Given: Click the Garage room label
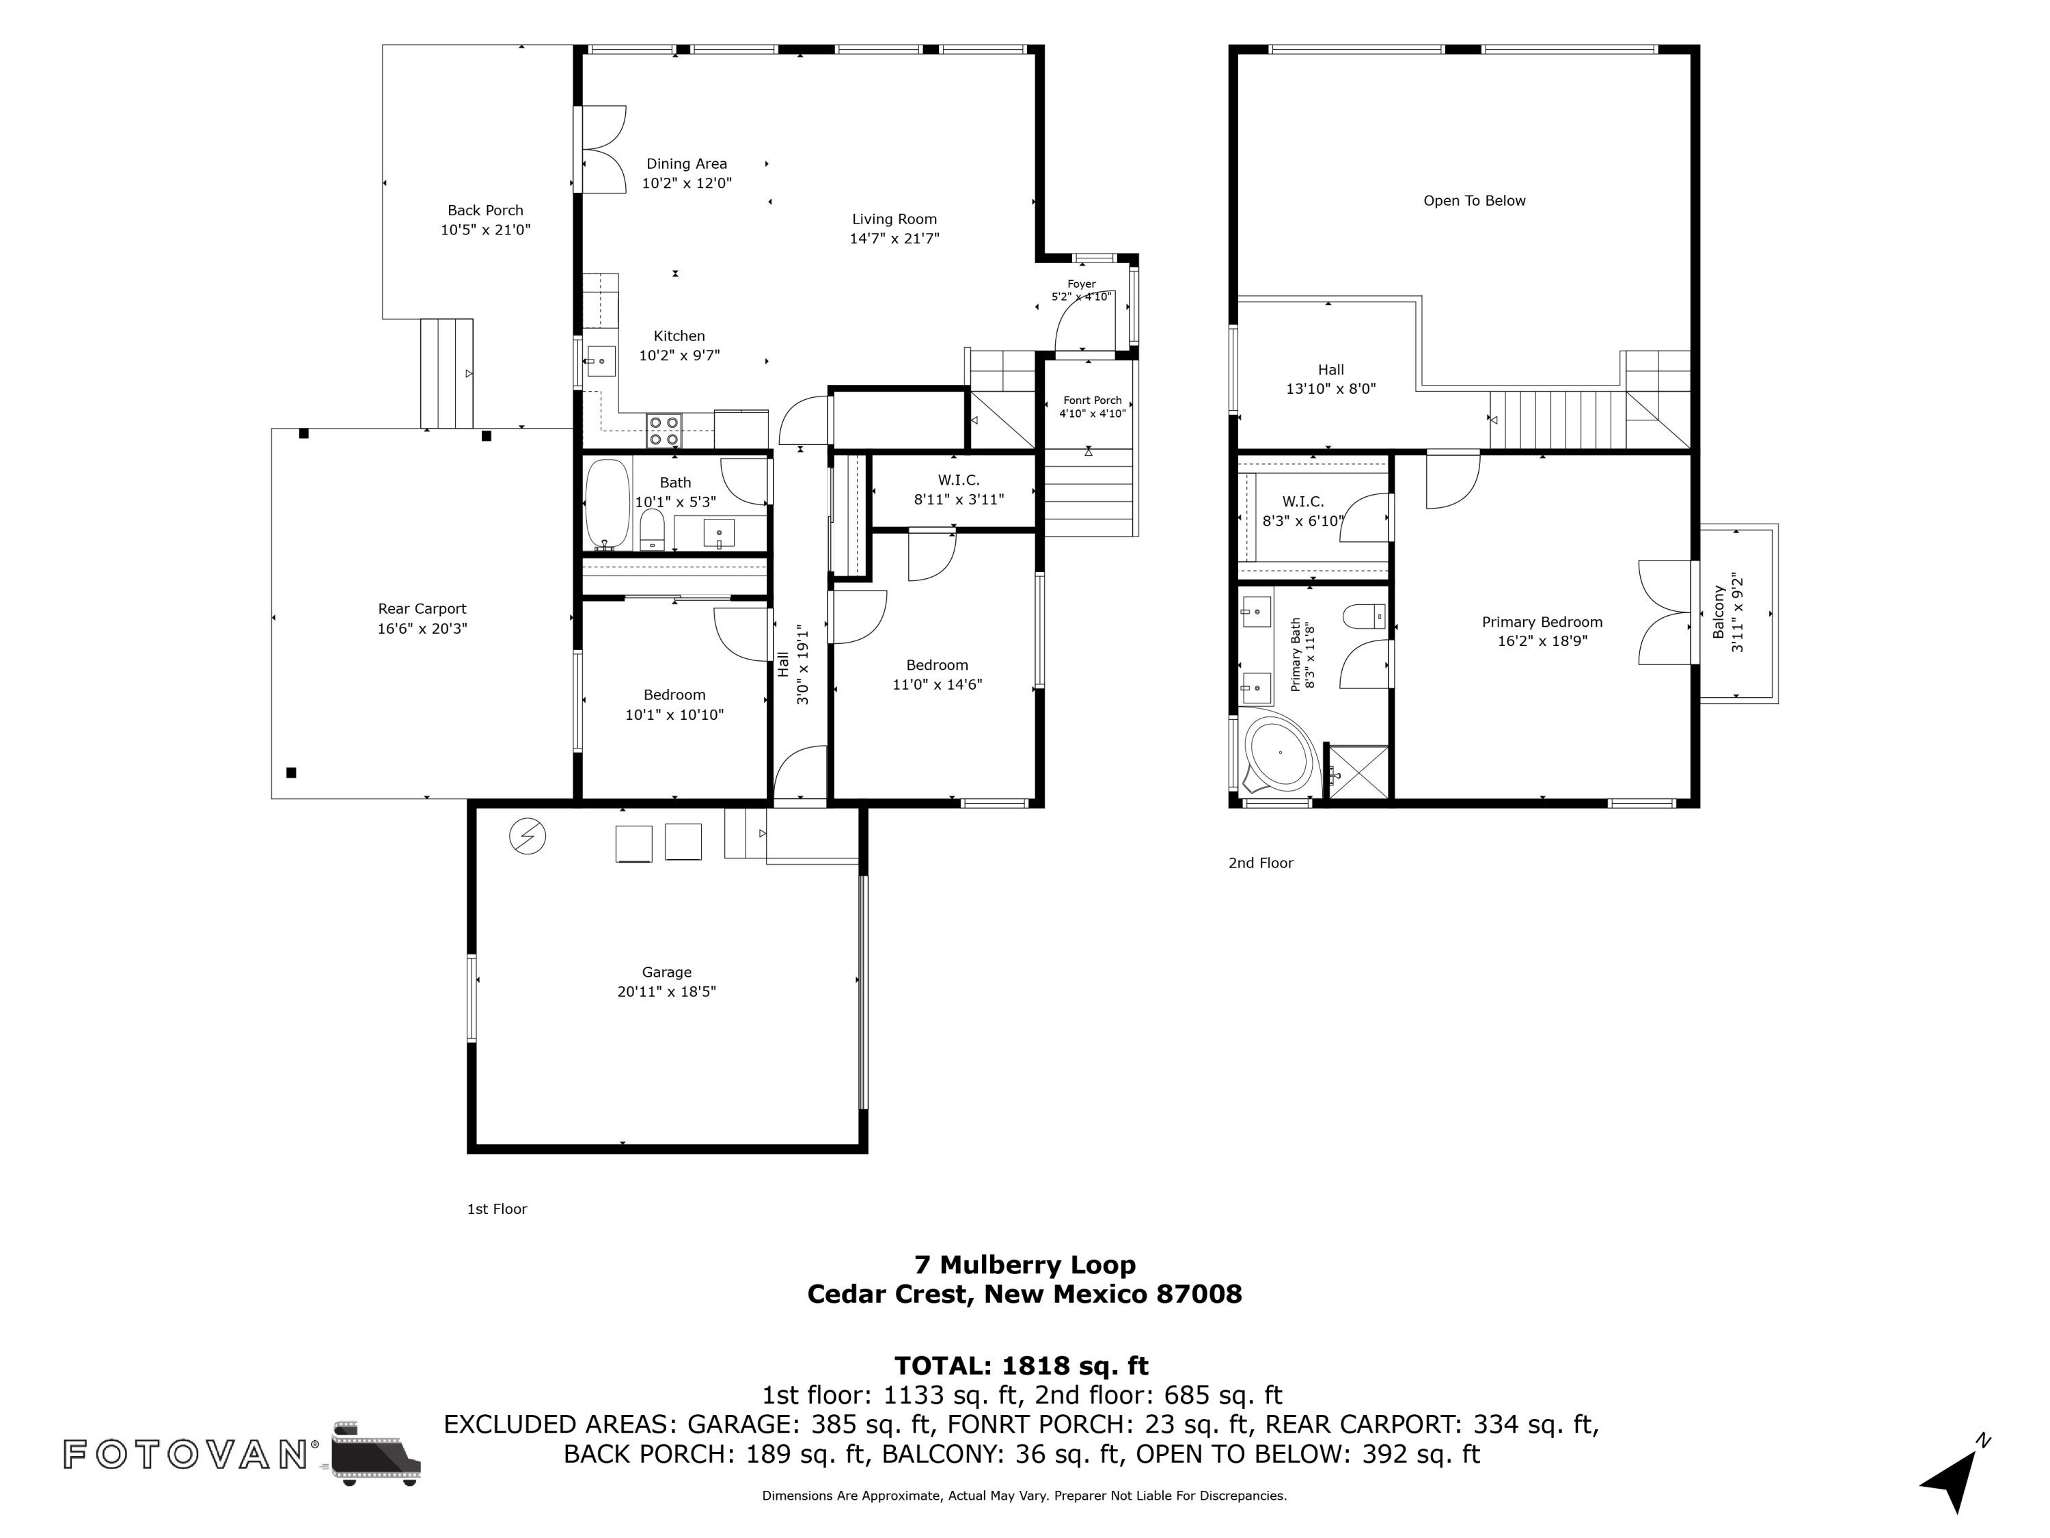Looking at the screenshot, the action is [666, 971].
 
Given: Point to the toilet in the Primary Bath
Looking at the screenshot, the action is [1364, 616].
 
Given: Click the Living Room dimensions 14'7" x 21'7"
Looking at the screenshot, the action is [894, 239].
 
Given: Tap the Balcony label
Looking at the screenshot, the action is [1718, 612].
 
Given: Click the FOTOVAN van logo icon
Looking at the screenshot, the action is [375, 1453].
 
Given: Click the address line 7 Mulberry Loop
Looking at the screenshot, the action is [1025, 1265].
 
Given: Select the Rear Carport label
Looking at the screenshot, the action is [422, 608].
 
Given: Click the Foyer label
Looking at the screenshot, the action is [1082, 284].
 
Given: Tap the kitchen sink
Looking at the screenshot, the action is [601, 361].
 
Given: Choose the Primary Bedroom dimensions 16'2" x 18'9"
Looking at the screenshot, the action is [1542, 640].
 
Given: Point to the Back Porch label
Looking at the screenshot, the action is [486, 211].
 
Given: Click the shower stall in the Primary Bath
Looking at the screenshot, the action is [1358, 770].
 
